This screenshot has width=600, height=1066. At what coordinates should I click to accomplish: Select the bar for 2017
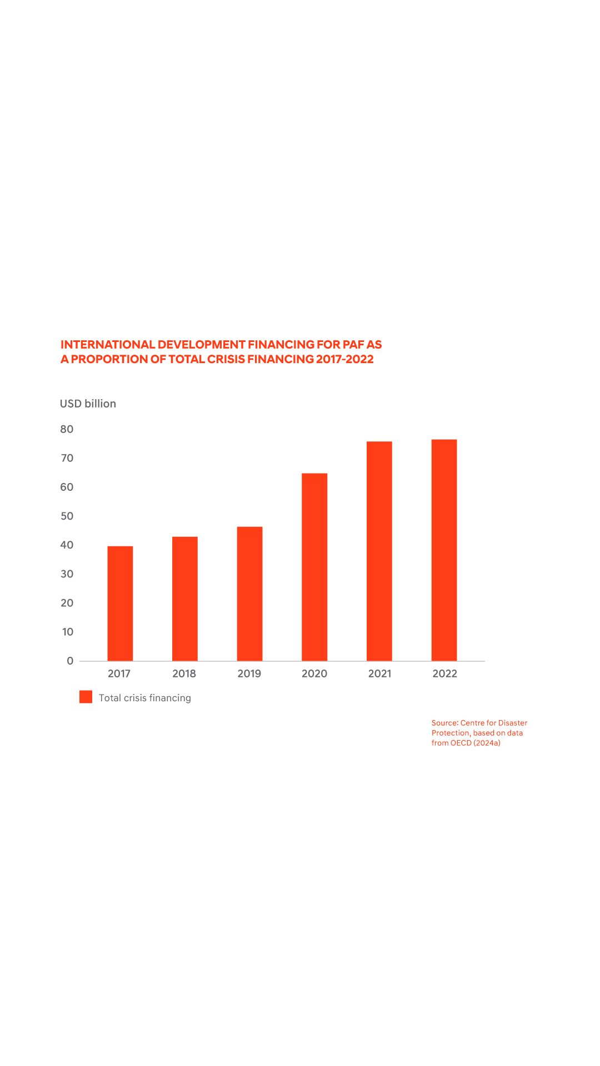coord(120,604)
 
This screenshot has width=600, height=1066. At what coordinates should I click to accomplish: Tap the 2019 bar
coord(249,594)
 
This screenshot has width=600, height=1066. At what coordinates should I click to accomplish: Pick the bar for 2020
coord(314,567)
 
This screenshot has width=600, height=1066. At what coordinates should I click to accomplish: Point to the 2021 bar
coord(379,551)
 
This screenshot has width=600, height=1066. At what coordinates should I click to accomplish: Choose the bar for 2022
coord(444,550)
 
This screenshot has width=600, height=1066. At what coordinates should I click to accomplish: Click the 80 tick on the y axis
coord(67,429)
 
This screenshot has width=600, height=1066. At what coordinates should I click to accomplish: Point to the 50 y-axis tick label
coord(67,516)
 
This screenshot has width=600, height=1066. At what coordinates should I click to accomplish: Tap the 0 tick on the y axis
coord(70,661)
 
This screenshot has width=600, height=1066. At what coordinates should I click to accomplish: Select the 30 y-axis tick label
coord(67,574)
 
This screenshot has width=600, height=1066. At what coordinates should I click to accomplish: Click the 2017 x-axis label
coord(119,673)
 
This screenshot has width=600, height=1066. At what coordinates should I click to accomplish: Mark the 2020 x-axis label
coord(314,673)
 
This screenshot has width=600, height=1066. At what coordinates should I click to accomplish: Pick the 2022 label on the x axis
coord(444,673)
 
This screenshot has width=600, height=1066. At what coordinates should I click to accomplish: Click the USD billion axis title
coord(88,404)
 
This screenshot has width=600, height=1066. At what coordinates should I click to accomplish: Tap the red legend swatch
coord(86,697)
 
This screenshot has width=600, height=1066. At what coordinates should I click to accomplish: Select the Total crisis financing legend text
coord(144,698)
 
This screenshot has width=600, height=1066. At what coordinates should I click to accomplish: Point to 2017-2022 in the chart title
coord(344,359)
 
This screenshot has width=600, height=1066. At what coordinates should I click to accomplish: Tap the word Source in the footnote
coord(444,723)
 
